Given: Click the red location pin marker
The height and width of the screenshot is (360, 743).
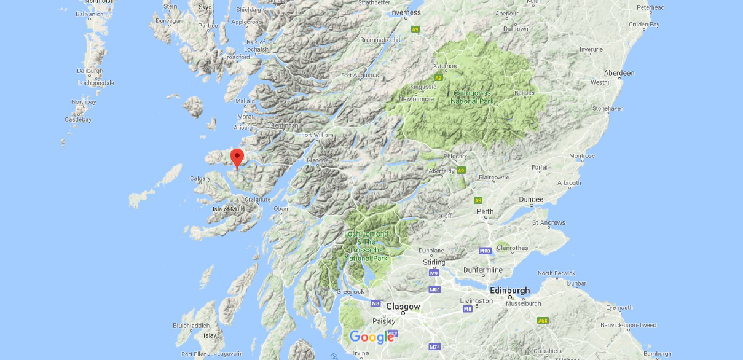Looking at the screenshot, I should click(x=237, y=158).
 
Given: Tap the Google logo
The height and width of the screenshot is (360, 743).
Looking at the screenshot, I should click(x=372, y=337).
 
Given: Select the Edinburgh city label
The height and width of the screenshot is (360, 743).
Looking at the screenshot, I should click(x=509, y=291).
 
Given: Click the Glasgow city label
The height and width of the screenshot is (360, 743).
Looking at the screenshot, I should click(x=403, y=307).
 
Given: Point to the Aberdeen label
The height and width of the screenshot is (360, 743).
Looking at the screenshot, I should click(x=619, y=72).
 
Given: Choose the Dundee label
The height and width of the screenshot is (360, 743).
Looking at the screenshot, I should click(x=531, y=200).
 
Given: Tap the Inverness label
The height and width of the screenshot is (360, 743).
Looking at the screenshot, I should click(x=406, y=12).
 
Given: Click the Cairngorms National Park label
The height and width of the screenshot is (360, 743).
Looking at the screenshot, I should click(x=472, y=97).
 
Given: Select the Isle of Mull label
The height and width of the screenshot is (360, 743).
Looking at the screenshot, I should click(x=227, y=209).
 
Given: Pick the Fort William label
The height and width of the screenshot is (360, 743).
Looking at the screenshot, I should click(x=317, y=135).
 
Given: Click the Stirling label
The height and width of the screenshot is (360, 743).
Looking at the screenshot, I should click(x=434, y=262).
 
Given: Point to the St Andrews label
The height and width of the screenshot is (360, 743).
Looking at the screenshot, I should click(x=548, y=222).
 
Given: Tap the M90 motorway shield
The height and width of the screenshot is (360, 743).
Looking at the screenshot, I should click(x=485, y=251).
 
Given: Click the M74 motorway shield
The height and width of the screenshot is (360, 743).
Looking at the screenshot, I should click(x=435, y=347).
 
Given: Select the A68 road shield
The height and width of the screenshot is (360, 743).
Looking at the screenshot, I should click(x=543, y=320).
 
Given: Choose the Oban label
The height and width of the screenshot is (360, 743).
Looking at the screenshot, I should click(x=281, y=209).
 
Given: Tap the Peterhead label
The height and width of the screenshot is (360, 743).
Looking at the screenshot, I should click(x=651, y=7).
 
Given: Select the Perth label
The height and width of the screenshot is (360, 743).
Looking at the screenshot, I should click(x=485, y=212).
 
